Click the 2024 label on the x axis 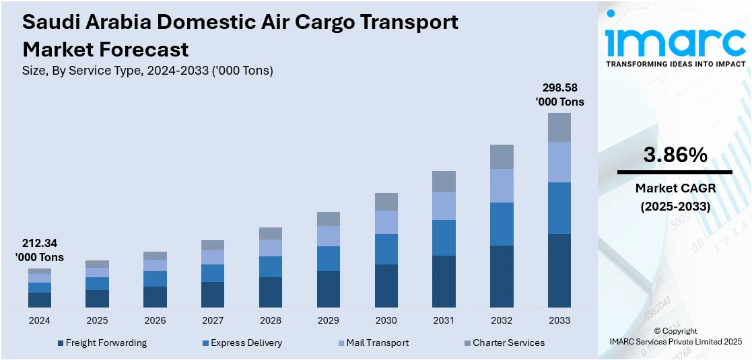[x=39, y=320]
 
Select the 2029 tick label [x=328, y=320]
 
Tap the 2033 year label [x=559, y=320]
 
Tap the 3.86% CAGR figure [x=675, y=155]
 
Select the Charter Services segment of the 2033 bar [x=559, y=127]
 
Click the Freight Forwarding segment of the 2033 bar [x=559, y=271]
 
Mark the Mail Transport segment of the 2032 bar [x=502, y=185]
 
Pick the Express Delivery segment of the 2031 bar [x=444, y=238]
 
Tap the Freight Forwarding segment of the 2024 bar [x=39, y=300]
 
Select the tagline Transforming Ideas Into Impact [x=675, y=64]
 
